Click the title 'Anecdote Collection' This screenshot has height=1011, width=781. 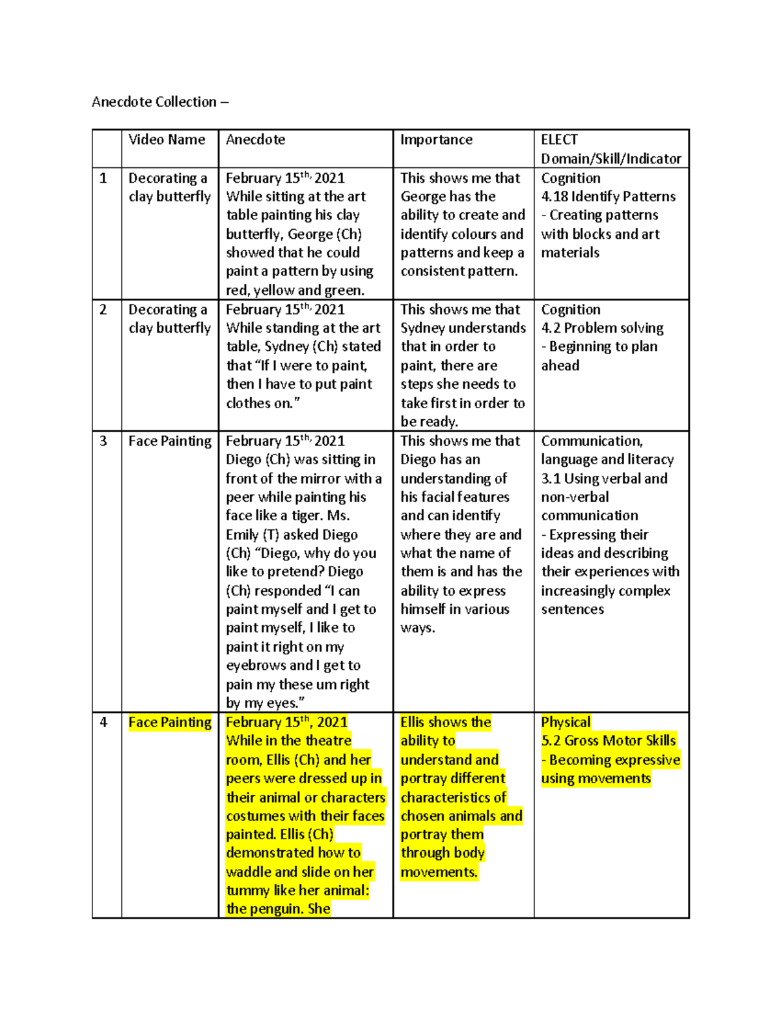(x=154, y=102)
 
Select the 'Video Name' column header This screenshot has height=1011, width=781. (x=167, y=140)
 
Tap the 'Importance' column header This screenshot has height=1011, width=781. (x=436, y=140)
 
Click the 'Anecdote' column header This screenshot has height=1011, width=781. (x=255, y=140)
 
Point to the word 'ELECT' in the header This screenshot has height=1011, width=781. (x=559, y=140)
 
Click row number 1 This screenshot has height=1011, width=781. (x=103, y=178)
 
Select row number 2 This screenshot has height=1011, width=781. (x=103, y=310)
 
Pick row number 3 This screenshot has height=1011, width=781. (x=103, y=441)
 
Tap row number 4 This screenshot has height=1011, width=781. (x=103, y=723)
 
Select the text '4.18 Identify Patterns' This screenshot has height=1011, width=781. (x=608, y=197)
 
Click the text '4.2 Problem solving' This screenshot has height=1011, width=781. (x=602, y=328)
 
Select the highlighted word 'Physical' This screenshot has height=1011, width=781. (x=566, y=723)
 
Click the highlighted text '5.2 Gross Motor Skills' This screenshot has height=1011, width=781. (x=608, y=741)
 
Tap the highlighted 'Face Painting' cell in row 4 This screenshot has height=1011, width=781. (x=170, y=723)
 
